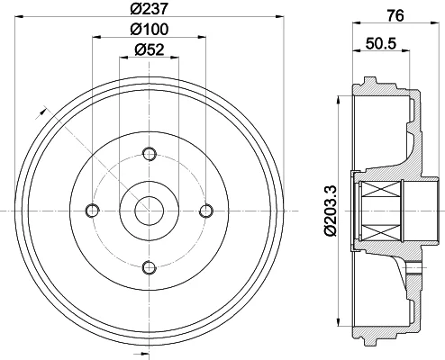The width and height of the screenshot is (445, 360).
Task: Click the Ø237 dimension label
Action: (150, 8)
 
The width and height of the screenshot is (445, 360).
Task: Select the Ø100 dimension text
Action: (150, 29)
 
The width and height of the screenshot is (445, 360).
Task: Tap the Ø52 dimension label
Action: (150, 49)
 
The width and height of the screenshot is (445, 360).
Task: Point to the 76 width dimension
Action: (395, 15)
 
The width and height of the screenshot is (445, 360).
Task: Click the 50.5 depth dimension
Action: (381, 43)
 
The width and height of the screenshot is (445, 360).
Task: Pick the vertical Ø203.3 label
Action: (331, 211)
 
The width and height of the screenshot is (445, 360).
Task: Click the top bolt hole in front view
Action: (150, 154)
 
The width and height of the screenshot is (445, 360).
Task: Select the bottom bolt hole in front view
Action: (150, 268)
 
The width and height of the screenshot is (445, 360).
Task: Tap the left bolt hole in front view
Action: (92, 211)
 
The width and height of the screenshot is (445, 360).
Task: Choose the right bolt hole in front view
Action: (206, 211)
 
